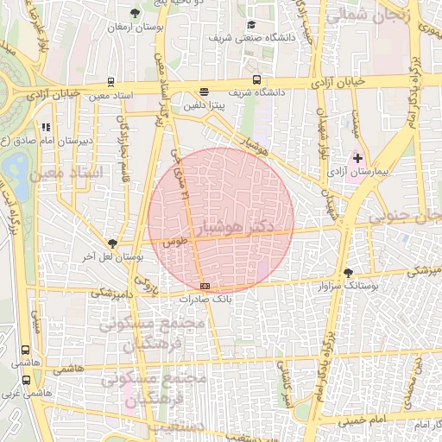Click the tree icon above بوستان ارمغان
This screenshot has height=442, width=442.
(135, 13)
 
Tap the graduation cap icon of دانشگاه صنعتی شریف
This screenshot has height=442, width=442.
(251, 25)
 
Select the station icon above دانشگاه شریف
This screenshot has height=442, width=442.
(204, 92)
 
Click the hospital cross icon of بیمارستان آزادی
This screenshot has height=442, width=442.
(357, 159)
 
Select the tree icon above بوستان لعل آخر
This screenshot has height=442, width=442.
(111, 244)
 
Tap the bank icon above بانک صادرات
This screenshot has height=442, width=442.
(205, 286)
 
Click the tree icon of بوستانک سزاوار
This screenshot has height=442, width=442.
(348, 271)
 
